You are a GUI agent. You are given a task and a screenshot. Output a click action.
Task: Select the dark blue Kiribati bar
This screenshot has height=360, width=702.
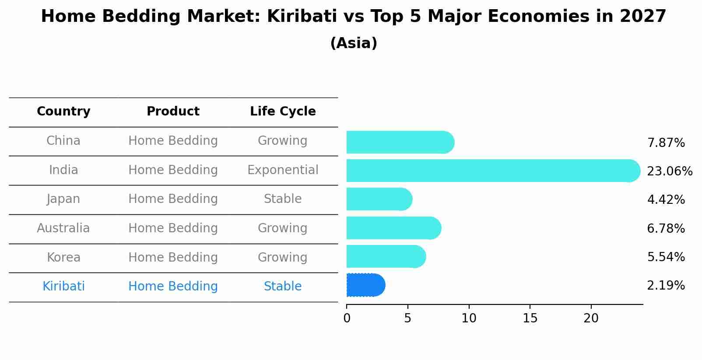(365, 285)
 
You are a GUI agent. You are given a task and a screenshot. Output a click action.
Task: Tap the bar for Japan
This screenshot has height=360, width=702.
(379, 199)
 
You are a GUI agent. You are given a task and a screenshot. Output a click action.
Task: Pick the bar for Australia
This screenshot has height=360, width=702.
(393, 228)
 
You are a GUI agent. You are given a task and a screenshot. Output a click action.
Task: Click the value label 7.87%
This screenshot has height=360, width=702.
(666, 143)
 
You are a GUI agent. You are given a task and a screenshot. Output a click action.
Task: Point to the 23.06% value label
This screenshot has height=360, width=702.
(669, 171)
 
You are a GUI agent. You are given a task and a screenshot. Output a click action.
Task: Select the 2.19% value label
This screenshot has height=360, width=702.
(666, 286)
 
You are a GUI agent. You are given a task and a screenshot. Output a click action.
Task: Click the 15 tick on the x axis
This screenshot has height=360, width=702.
(530, 318)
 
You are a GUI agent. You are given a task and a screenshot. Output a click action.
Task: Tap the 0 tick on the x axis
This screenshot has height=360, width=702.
(347, 318)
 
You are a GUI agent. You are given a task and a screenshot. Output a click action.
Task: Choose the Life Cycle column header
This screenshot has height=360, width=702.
(283, 112)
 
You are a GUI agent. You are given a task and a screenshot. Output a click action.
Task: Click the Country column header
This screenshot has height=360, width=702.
(63, 112)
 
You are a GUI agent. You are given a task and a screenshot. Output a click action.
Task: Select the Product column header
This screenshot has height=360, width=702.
(173, 112)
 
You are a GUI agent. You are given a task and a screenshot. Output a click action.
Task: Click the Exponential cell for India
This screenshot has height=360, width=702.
(283, 170)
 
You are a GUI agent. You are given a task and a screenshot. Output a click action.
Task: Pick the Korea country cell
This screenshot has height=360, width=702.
(63, 258)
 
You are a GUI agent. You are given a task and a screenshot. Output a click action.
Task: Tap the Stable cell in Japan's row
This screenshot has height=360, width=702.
(283, 199)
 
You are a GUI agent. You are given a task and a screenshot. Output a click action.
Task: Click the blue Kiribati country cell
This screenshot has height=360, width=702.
(63, 287)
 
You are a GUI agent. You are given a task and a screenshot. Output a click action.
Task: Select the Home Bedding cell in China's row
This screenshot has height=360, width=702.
(173, 141)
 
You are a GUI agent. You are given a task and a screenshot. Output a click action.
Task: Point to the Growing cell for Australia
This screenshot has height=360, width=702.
(283, 228)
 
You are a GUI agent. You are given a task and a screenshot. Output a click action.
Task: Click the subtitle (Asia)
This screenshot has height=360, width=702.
(354, 43)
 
